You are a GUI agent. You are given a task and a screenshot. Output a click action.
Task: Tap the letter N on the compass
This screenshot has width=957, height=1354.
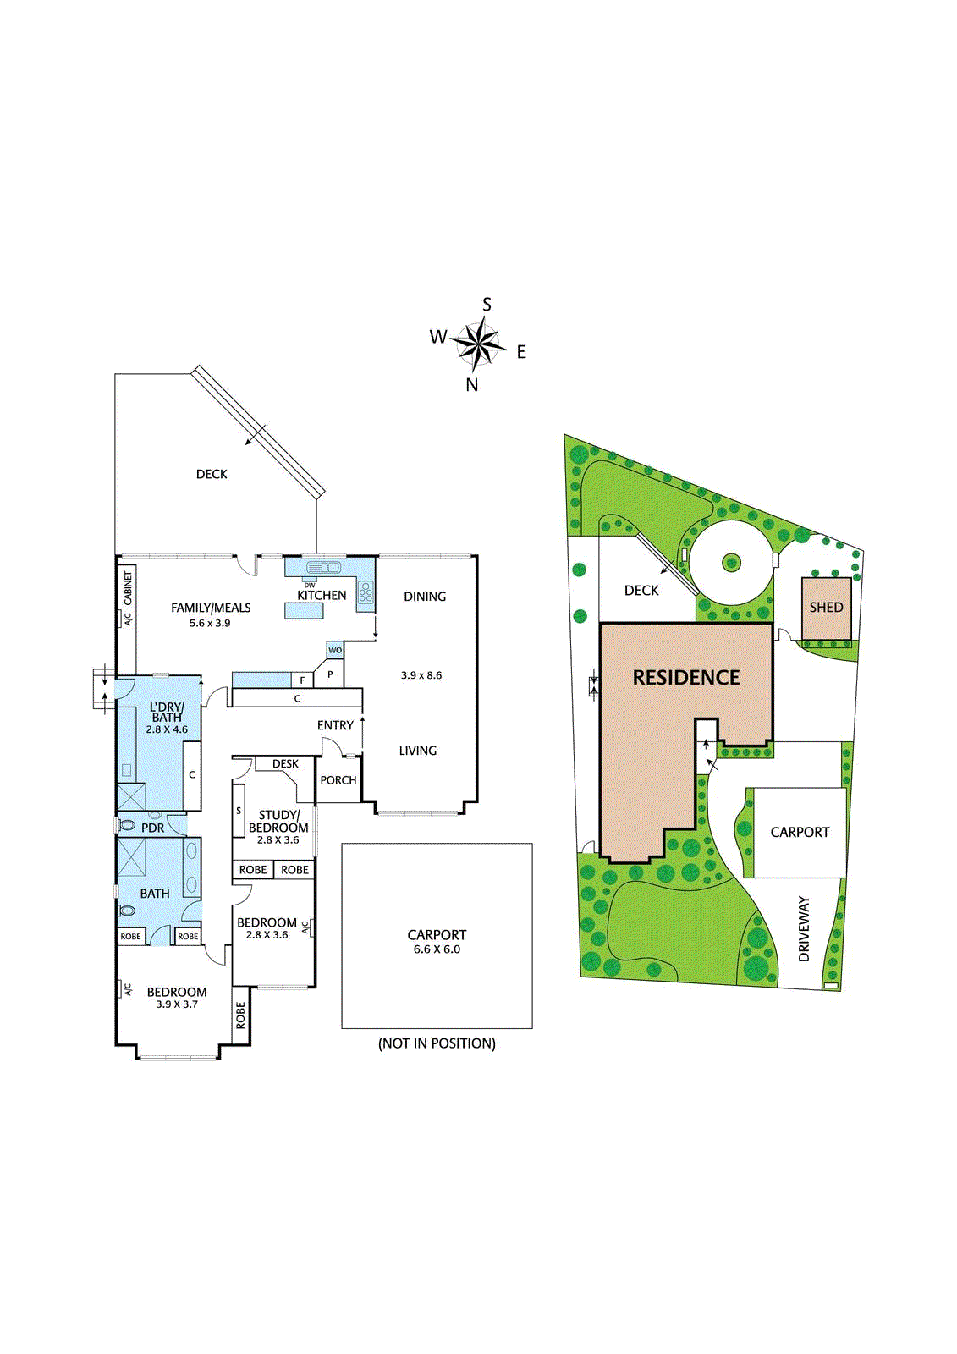(472, 385)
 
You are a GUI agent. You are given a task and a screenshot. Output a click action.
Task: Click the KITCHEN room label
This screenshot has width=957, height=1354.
(322, 596)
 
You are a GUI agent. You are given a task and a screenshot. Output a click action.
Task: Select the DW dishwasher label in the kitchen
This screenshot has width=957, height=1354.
(310, 586)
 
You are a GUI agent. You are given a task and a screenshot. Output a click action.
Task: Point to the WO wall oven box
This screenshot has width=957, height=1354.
(335, 650)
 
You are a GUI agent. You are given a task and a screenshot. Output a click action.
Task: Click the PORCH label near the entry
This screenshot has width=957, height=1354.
(338, 780)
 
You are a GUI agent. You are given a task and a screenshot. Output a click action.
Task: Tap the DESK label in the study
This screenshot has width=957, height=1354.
(285, 764)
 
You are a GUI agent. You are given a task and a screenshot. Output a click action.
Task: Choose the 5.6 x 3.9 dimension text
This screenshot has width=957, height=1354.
(210, 624)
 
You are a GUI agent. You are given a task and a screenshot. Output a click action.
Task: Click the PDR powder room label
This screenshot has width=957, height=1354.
(153, 828)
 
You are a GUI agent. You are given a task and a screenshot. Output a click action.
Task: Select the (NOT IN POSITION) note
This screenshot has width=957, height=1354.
(437, 1043)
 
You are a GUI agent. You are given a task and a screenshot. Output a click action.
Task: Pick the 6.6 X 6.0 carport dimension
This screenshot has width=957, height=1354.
(437, 949)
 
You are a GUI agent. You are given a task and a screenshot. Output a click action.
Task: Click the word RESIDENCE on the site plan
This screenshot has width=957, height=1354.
(686, 678)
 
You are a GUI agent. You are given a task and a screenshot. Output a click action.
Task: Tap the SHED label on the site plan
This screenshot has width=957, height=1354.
(826, 608)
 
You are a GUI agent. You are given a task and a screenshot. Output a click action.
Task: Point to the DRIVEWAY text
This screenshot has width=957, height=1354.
(804, 929)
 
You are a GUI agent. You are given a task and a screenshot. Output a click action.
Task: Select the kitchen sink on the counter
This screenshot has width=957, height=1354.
(322, 567)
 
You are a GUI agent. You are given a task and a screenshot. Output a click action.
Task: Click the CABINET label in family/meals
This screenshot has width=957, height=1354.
(129, 588)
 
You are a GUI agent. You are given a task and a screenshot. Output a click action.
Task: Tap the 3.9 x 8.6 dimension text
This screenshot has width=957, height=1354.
(421, 675)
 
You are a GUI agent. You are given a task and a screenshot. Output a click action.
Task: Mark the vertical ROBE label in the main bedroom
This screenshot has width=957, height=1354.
(241, 1015)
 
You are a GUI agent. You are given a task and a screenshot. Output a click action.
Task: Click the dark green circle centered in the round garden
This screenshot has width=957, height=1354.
(731, 561)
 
